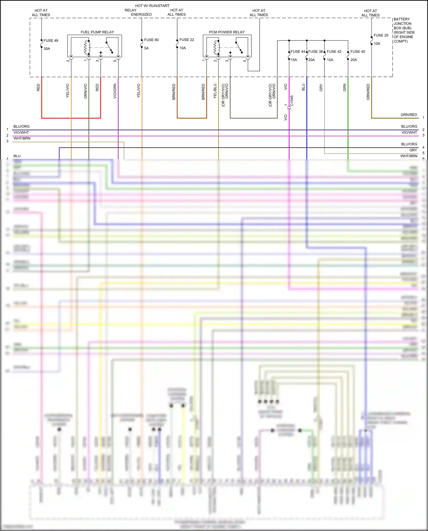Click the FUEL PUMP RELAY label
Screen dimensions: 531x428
(x=97, y=32)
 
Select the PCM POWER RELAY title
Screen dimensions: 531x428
(x=227, y=32)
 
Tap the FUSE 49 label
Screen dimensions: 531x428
(x=51, y=41)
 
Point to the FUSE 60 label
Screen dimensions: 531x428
(x=151, y=40)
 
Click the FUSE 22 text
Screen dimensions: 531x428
(x=187, y=40)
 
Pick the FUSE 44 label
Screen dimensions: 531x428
(x=298, y=52)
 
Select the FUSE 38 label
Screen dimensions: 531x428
(x=315, y=52)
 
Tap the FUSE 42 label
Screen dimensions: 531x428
(x=334, y=52)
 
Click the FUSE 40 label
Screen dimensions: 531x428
(x=358, y=52)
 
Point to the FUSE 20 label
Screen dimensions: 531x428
(x=381, y=35)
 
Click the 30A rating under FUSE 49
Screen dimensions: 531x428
(x=47, y=49)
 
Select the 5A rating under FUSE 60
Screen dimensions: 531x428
(x=146, y=48)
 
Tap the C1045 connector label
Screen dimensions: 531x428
(x=292, y=101)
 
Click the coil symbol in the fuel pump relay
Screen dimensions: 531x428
(x=87, y=47)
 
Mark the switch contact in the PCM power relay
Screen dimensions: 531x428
(x=239, y=47)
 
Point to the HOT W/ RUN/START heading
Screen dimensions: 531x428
(x=152, y=6)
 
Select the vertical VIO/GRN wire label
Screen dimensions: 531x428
(x=115, y=91)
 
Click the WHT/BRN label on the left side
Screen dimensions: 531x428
(x=22, y=138)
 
